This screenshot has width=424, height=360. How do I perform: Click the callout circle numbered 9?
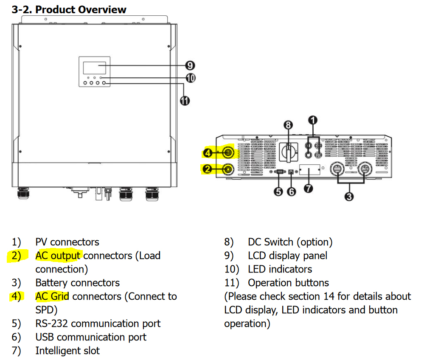(x=190, y=65)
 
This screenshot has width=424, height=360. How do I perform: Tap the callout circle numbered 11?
(x=185, y=101)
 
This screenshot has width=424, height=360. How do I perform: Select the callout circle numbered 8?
(x=288, y=125)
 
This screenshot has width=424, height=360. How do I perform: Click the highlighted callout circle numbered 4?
(x=208, y=152)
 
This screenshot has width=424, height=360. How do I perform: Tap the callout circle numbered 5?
(x=278, y=191)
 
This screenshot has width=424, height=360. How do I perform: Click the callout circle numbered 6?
(x=292, y=191)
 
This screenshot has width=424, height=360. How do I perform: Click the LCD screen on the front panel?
(x=94, y=68)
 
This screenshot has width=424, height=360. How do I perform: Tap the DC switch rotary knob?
(x=289, y=152)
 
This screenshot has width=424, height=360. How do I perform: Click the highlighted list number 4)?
(x=16, y=296)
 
